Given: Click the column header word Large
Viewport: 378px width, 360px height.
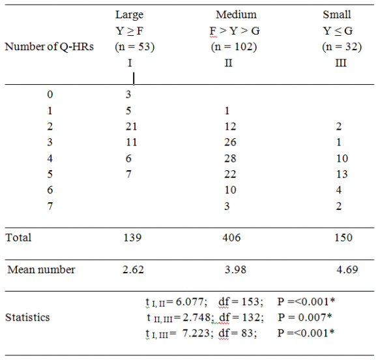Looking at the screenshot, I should pos(129,14).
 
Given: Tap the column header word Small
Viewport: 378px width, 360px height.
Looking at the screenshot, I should pos(337,14).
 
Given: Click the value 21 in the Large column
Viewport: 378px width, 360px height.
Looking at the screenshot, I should pos(129,127).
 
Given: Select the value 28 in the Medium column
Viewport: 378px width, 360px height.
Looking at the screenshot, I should pos(229,158).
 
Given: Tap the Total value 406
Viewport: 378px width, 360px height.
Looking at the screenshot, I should pos(231,238).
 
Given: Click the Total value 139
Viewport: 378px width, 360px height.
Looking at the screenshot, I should pos(132,238).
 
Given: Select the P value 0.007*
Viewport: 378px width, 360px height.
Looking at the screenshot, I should pos(305,318).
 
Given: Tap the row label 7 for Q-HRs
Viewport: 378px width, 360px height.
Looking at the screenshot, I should pos(50,206).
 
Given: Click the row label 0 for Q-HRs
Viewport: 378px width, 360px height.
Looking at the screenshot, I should pos(50,95).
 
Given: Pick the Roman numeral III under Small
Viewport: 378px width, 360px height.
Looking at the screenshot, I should pos(338,63).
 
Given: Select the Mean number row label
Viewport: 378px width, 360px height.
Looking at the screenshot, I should pos(42,270).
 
